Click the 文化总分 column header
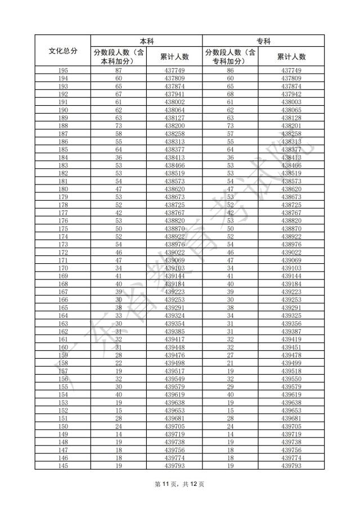pos(63,51)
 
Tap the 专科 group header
pos(263,41)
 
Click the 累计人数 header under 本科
pos(174,56)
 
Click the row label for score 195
pos(63,70)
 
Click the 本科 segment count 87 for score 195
pos(119,70)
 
